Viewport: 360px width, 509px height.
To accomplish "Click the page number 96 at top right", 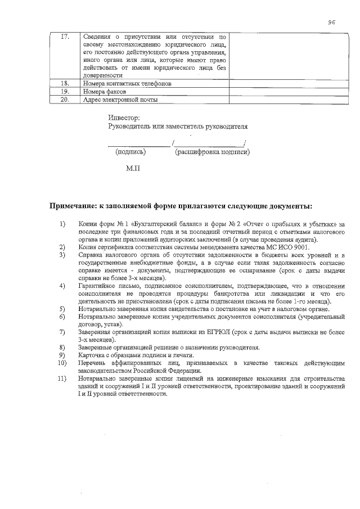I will point(331,22).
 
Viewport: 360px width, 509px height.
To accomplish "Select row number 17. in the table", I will point(65,37).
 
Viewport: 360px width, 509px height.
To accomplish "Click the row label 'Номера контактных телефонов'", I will point(127,83).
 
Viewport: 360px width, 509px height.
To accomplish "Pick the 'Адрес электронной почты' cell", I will point(120,100).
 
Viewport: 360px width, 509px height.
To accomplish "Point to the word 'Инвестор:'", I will point(123,118).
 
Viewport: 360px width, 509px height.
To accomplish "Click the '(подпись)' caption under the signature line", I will point(130,152).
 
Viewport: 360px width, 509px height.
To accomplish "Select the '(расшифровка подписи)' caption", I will point(213,152).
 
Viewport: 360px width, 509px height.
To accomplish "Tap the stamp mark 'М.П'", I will point(133,168).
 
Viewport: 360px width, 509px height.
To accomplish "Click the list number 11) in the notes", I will point(63,380).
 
